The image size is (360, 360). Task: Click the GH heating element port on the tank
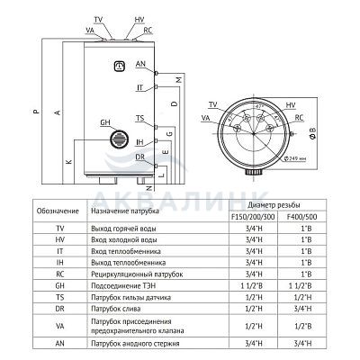(119, 139)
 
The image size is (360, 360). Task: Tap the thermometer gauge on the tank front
(120, 67)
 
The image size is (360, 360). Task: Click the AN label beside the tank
(140, 64)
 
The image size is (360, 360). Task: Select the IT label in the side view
(139, 87)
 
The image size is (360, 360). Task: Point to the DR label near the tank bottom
(139, 157)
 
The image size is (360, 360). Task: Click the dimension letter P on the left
(36, 112)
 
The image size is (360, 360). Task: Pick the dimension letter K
(69, 162)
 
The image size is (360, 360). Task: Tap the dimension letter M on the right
(179, 80)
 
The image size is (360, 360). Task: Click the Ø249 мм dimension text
(295, 158)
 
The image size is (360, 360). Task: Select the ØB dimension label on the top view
(312, 133)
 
